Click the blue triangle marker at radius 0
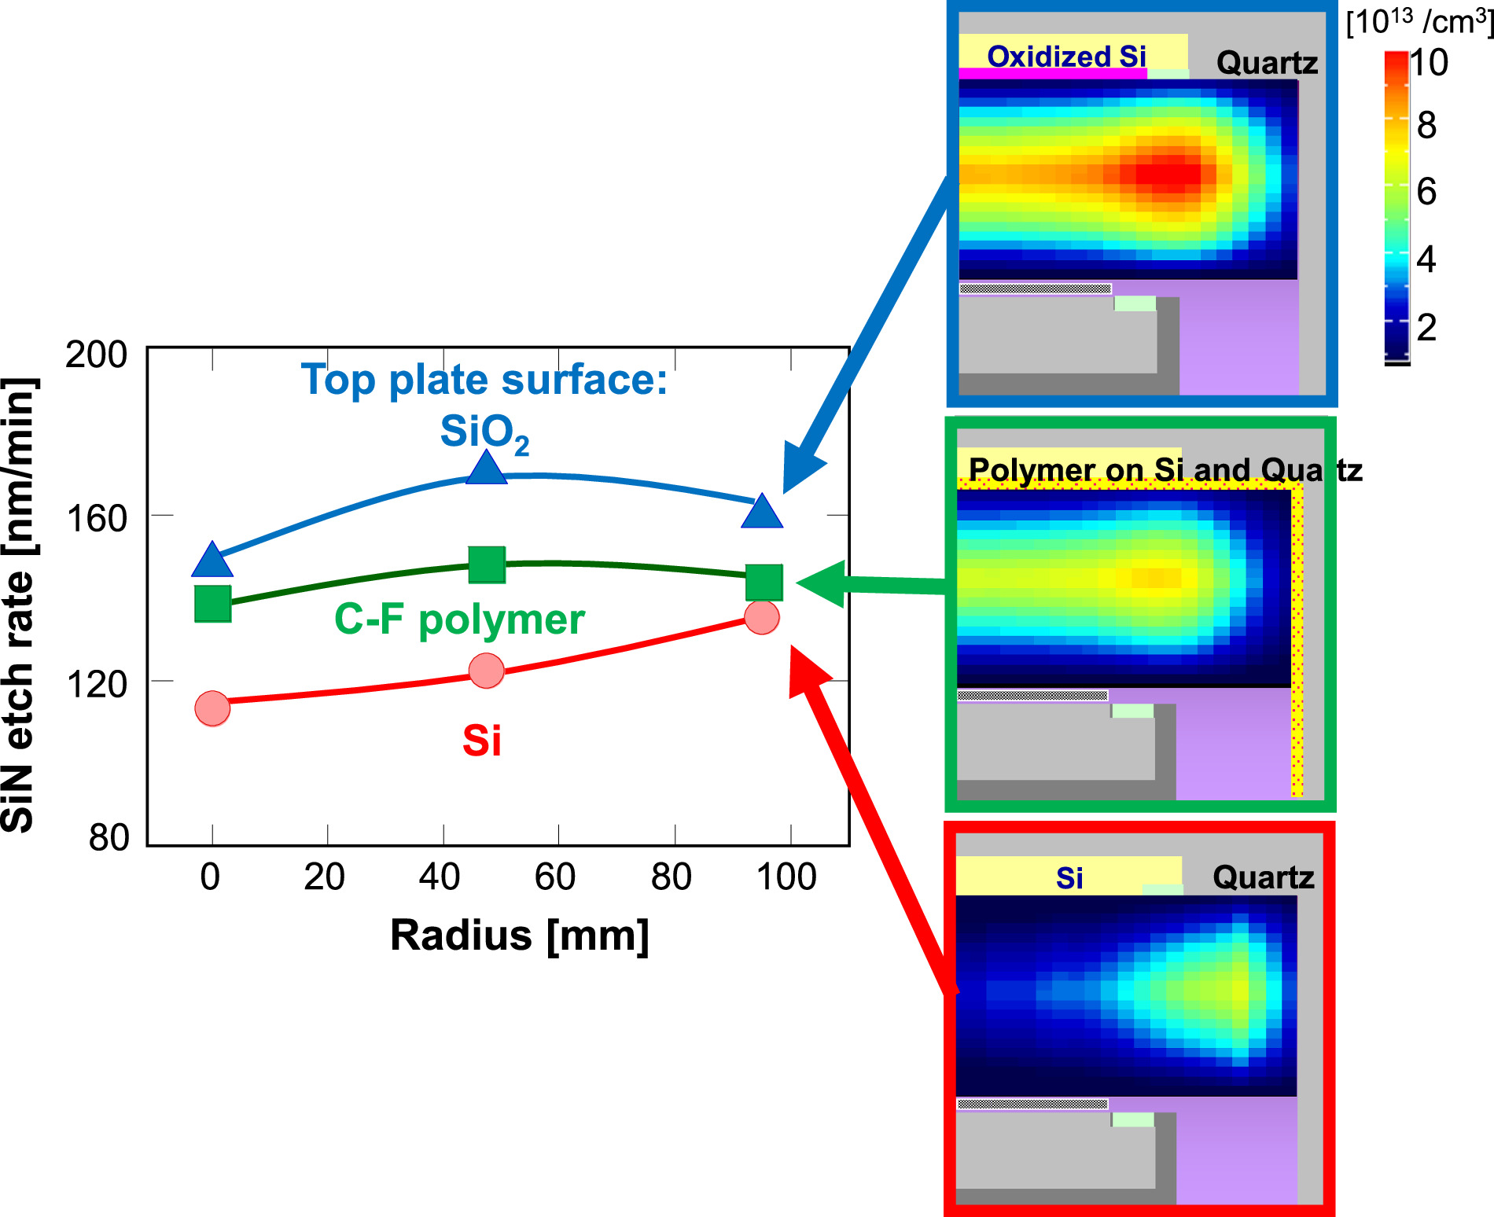click(x=212, y=561)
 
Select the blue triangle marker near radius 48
click(x=487, y=469)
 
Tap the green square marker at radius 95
click(x=764, y=583)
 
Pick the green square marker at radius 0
click(x=213, y=604)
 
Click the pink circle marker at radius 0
click(x=212, y=708)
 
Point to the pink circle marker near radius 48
click(x=487, y=671)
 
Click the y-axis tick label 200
click(x=96, y=355)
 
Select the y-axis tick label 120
click(x=96, y=685)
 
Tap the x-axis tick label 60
click(x=555, y=877)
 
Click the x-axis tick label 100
click(x=786, y=877)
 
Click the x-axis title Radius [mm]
click(x=520, y=936)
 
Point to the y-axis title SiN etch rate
click(x=19, y=605)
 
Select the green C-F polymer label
click(x=459, y=620)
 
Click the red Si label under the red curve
click(x=482, y=741)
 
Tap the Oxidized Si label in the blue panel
click(x=1066, y=57)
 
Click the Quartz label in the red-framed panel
click(x=1263, y=877)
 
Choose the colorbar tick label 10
click(x=1429, y=63)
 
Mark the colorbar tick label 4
click(x=1426, y=259)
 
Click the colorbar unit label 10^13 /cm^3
click(x=1420, y=22)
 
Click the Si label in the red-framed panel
click(x=1069, y=878)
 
